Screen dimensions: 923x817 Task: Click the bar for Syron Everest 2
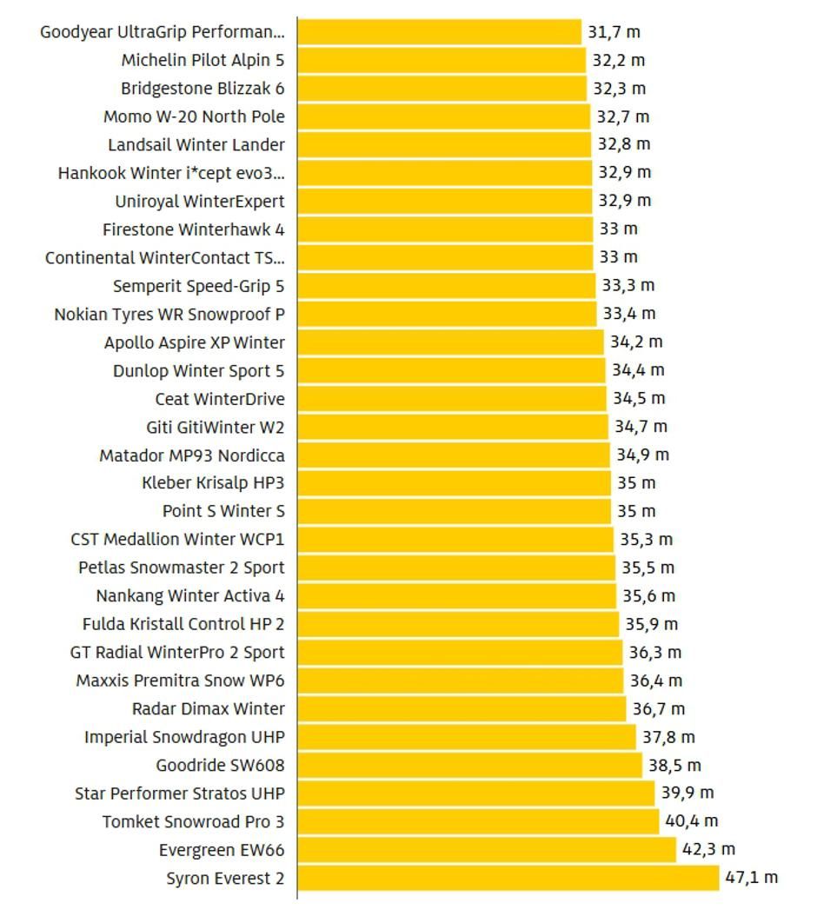coord(508,878)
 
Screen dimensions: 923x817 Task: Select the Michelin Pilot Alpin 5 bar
coord(442,60)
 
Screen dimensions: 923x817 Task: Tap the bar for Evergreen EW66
coord(486,849)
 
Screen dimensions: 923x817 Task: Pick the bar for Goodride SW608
coord(469,765)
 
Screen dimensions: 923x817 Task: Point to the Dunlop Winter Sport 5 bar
coord(451,370)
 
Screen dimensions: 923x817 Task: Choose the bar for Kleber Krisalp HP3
coord(454,482)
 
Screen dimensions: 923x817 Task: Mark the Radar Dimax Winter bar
coord(462,708)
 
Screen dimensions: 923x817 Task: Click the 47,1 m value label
coord(752,877)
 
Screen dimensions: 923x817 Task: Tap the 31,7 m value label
coord(614,32)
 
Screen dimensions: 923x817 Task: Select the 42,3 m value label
coord(708,849)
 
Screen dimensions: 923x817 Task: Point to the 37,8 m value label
coord(668,737)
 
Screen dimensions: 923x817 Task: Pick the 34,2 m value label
coord(635,342)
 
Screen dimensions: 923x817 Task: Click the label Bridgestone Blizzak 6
coord(203,89)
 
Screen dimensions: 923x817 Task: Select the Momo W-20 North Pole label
coord(194,116)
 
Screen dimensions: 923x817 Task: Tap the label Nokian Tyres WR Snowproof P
coord(169,314)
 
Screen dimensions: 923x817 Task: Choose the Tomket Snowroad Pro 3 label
coord(193,821)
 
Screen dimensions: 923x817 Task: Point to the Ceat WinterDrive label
coord(220,399)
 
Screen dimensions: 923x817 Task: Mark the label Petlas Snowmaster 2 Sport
coord(181,568)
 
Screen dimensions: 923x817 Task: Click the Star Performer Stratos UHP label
coord(179,794)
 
